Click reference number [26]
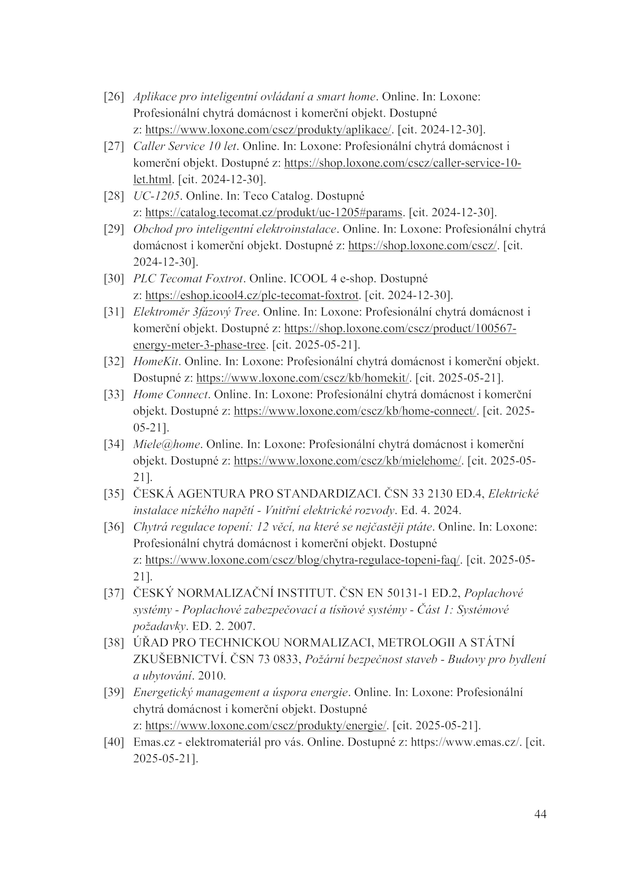[113, 97]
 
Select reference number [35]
[113, 494]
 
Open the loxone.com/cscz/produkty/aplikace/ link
[268, 130]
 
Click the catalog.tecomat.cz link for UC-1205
[274, 213]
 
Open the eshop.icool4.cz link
[252, 295]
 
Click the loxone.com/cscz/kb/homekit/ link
[303, 378]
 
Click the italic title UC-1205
[156, 196]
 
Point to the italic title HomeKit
[156, 362]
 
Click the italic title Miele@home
[167, 444]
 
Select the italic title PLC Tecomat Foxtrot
[188, 279]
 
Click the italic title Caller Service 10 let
[185, 146]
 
